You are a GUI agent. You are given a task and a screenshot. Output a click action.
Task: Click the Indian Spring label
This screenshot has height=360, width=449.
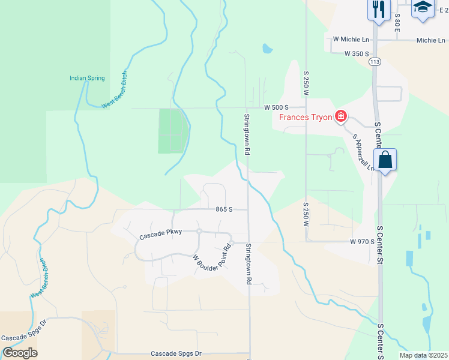tap(87, 78)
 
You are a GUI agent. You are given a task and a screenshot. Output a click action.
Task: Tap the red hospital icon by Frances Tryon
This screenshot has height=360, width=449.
tap(341, 116)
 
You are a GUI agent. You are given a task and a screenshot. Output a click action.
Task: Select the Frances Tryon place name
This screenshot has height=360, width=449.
tap(306, 117)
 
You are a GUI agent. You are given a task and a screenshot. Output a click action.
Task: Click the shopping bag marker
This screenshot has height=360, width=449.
tap(385, 160)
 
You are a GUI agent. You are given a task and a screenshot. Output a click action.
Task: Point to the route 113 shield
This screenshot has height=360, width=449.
tap(375, 62)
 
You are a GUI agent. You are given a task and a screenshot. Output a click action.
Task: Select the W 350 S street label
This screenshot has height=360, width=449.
tap(356, 53)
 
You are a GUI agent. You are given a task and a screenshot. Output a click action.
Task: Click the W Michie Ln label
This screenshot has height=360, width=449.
tap(351, 40)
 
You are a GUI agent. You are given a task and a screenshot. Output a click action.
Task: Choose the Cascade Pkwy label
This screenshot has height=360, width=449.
tap(159, 236)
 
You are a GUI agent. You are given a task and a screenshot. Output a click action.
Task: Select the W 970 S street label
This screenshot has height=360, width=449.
tap(362, 241)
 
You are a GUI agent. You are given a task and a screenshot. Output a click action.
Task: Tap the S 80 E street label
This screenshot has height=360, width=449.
tap(397, 24)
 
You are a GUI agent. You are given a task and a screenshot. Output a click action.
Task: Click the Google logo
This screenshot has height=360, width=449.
tap(20, 353)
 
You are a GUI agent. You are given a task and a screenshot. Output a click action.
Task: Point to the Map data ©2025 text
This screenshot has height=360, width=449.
tap(423, 355)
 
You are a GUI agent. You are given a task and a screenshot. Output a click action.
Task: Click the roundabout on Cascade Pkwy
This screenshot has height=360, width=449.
tap(199, 231)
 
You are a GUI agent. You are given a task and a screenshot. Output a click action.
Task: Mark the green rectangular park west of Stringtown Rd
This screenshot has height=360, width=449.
tap(173, 130)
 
